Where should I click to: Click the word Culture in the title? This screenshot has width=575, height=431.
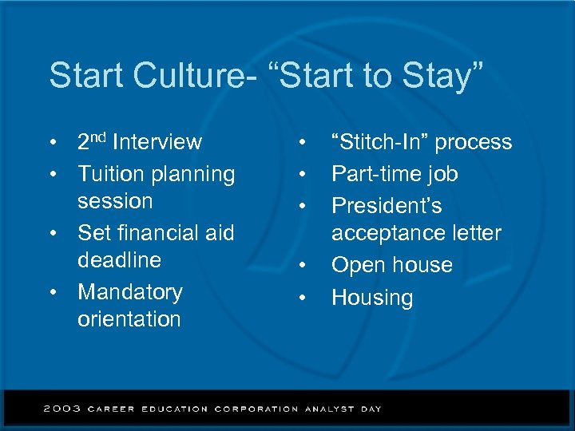[x=180, y=76]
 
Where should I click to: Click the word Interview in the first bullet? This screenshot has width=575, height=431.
[x=157, y=143]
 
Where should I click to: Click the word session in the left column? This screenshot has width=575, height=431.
[x=115, y=201]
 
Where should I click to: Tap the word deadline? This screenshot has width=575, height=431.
[x=119, y=260]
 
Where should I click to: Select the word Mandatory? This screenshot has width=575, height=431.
[x=130, y=292]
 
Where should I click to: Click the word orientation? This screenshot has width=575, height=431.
[x=129, y=319]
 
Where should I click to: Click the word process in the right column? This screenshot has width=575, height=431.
[x=474, y=143]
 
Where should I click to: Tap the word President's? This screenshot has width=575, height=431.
[x=387, y=206]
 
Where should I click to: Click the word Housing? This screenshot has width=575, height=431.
[x=372, y=299]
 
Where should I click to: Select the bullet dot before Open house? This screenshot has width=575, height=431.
[x=303, y=266]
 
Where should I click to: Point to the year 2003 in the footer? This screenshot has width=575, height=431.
[x=61, y=409]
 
